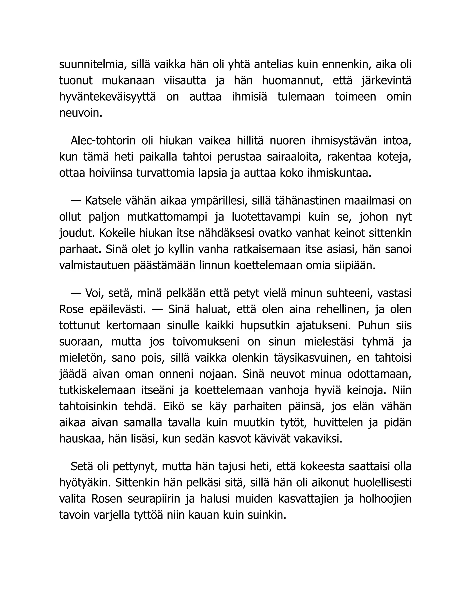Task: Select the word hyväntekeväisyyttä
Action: tap(107, 97)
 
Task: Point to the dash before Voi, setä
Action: tap(76, 293)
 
